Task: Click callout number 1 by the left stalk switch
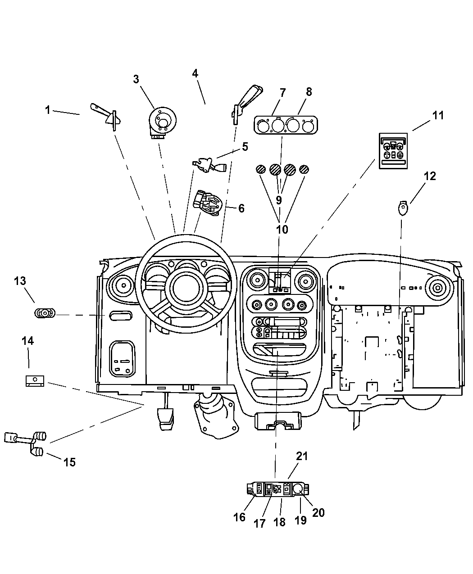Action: coord(47,109)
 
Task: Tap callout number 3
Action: coord(136,79)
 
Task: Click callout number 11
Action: coord(438,115)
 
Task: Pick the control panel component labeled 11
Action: coord(393,151)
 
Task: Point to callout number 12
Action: coord(430,176)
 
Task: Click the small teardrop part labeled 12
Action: coord(402,208)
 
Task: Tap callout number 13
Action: coord(20,281)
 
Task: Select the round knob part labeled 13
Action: coord(44,313)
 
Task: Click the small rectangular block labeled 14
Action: coord(34,381)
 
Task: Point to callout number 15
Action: coord(69,462)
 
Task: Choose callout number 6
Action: coord(241,208)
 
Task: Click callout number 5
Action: coord(245,146)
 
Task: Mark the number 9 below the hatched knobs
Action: coord(279,200)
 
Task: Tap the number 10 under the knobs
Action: coord(282,229)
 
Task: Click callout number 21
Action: coord(301,456)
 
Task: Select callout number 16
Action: coord(240,517)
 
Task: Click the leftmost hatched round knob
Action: coord(260,169)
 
